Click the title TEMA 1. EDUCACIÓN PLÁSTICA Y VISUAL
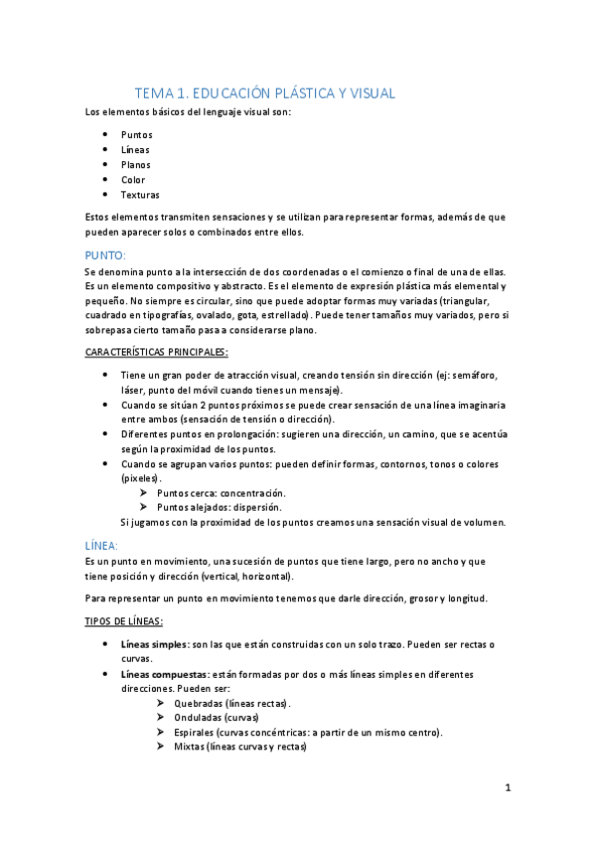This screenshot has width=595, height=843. pos(265,93)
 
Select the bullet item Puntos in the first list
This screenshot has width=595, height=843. pos(137,134)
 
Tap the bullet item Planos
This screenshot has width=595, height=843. pos(136,165)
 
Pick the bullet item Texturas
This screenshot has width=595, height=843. pos(140,195)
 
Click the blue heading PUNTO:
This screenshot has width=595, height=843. pos(105,255)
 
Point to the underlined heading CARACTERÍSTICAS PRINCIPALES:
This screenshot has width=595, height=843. pos(156,352)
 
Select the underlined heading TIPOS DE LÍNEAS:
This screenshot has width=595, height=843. pos(130,621)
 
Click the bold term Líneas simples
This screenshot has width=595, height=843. pos(154,644)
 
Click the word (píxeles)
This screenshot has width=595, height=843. pos(141,478)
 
